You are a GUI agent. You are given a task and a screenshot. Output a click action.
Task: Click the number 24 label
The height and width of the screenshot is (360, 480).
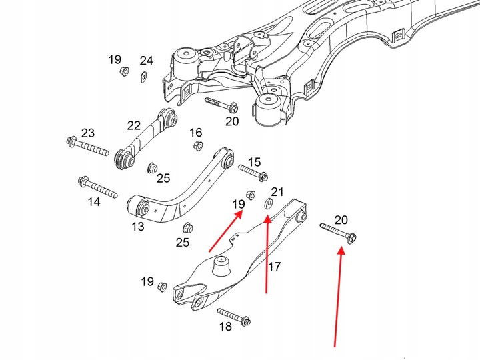click(x=147, y=61)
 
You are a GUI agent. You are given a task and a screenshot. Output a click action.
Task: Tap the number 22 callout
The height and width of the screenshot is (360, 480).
click(x=134, y=125)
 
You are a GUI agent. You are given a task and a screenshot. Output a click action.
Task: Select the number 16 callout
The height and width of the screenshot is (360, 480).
click(x=195, y=132)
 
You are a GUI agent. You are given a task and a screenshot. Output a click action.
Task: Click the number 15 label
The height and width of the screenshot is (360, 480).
click(x=254, y=162)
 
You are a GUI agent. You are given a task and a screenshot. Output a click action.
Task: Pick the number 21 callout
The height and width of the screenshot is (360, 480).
click(x=277, y=193)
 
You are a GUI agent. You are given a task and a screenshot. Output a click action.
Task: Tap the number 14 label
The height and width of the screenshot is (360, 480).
click(x=93, y=201)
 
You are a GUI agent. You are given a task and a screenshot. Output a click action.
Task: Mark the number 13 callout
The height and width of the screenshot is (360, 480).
click(x=137, y=227)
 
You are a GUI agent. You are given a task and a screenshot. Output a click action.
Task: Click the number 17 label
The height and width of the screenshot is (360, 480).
click(x=274, y=267)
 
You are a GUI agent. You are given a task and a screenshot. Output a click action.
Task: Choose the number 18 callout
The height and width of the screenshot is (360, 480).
click(x=225, y=327)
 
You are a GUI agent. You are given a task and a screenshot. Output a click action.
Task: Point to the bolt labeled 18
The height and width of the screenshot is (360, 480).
click(x=233, y=317)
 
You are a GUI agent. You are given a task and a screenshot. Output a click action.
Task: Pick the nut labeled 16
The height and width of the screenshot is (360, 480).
click(x=197, y=146)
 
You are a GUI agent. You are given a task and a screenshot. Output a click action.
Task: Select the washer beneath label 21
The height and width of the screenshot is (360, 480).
click(x=269, y=203)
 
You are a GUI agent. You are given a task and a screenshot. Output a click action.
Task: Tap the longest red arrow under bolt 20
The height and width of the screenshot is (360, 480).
click(x=338, y=297)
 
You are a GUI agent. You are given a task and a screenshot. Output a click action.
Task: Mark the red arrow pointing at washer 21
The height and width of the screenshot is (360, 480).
click(x=267, y=253)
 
